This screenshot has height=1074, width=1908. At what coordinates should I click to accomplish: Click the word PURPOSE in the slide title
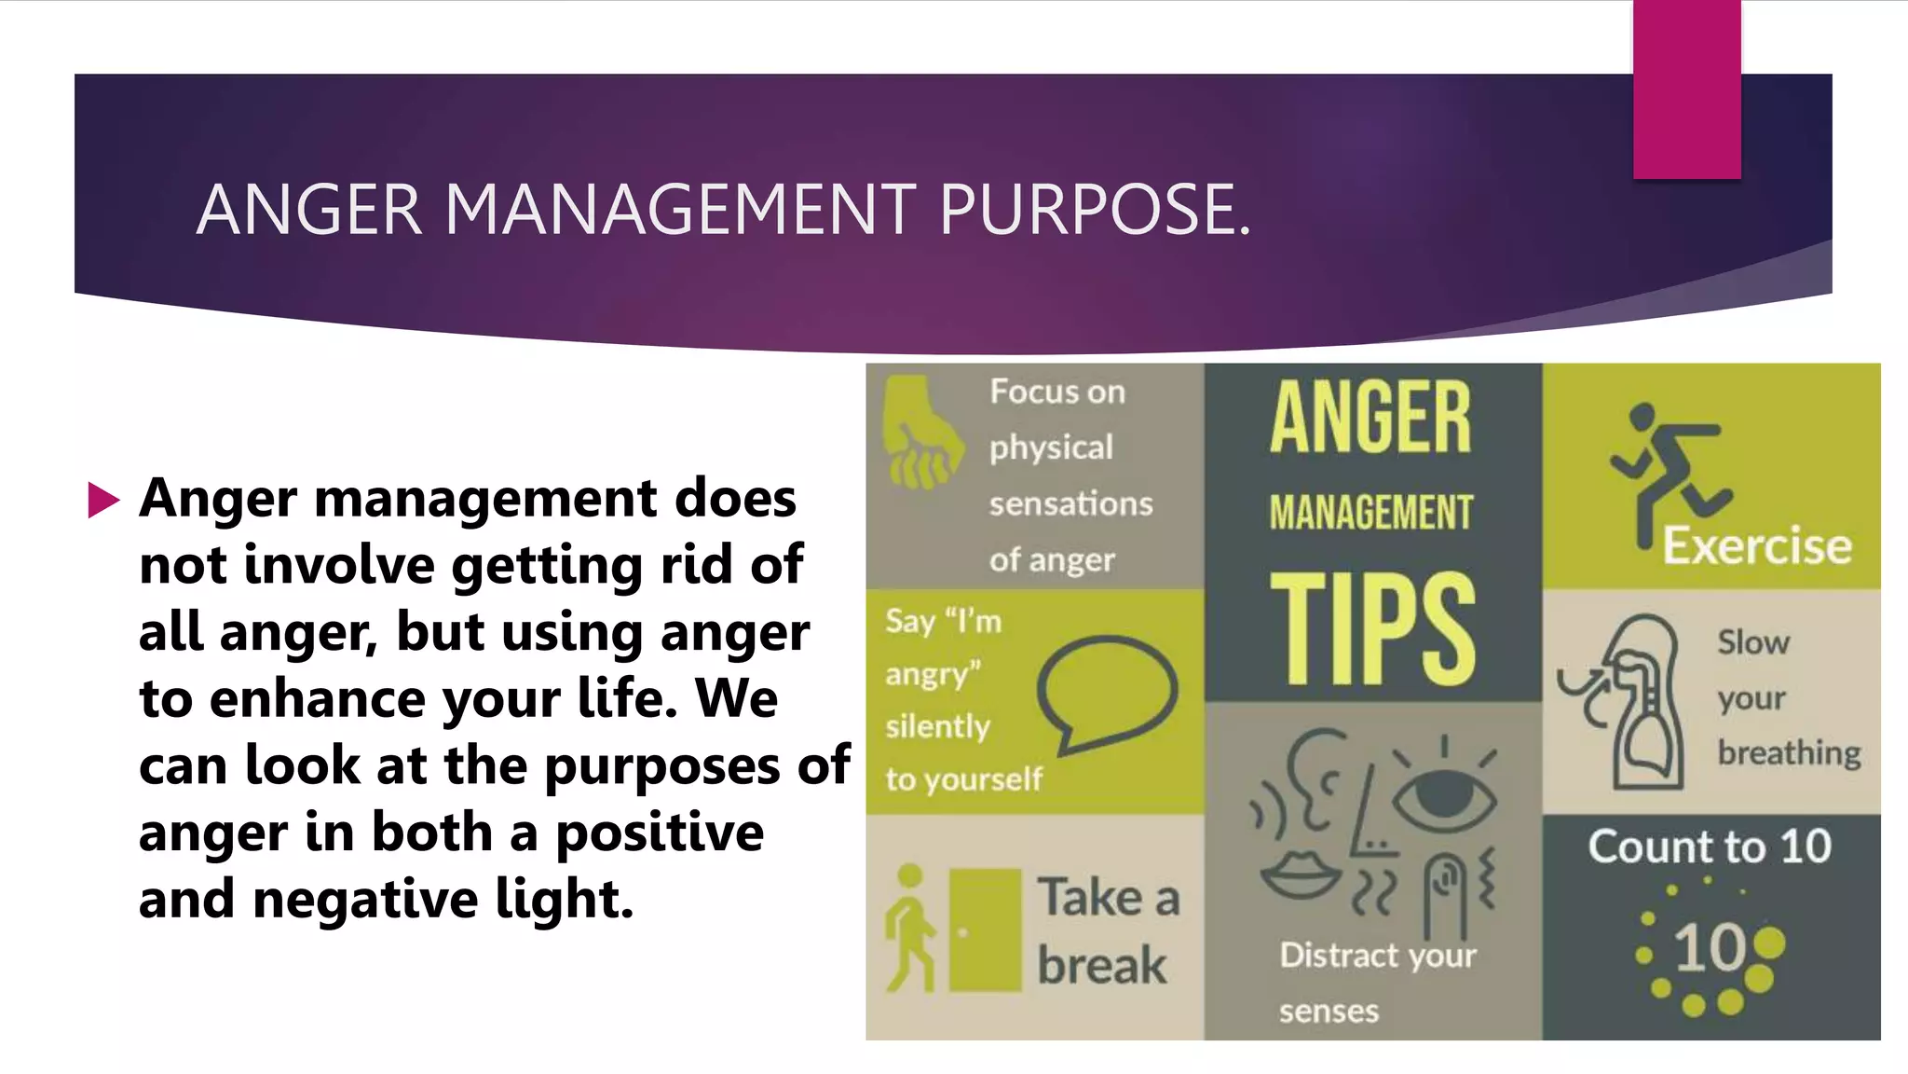click(x=1095, y=209)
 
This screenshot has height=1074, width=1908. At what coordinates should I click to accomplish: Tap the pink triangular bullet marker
click(x=103, y=500)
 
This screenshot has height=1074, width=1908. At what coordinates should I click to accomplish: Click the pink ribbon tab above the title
click(x=1686, y=89)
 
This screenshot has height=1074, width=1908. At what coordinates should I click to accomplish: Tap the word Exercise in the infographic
click(x=1757, y=545)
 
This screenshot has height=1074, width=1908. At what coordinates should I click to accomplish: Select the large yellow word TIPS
click(x=1372, y=629)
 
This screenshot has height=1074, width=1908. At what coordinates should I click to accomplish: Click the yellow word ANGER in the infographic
click(x=1370, y=419)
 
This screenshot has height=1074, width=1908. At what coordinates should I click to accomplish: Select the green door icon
click(x=985, y=929)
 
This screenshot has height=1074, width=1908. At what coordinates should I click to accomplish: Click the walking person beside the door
click(x=909, y=928)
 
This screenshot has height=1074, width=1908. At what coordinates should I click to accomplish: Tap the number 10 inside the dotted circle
click(x=1710, y=948)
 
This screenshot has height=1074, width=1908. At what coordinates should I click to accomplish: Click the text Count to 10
click(x=1710, y=847)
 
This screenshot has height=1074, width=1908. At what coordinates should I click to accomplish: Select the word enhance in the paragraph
click(x=318, y=698)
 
